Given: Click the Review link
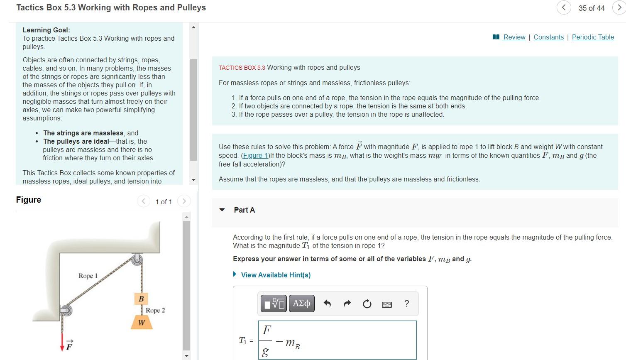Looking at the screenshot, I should tap(514, 37).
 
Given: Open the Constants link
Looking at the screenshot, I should tap(548, 37).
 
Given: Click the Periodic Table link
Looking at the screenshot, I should tap(593, 37).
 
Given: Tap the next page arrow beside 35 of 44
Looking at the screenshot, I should tap(619, 8).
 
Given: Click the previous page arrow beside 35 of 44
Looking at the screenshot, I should tap(564, 8).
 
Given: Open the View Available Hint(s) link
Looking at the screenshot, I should tap(276, 275).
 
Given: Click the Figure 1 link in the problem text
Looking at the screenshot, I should tap(255, 156).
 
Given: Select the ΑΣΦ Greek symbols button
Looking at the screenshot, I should tap(301, 304).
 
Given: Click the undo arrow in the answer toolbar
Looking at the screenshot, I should tap(327, 304).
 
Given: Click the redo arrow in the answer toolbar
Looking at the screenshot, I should tap(347, 304).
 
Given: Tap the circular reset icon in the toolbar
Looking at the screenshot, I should tap(367, 304).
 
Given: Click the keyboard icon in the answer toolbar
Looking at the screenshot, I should tap(386, 304).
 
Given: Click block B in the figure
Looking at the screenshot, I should tap(141, 299).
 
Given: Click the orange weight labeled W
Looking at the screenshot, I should tap(142, 323).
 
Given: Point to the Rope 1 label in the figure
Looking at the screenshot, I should tap(88, 276).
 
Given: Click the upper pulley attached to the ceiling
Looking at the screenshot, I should tap(137, 260).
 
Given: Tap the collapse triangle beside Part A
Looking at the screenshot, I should tap(222, 210).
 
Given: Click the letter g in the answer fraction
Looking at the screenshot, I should tap(266, 352).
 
